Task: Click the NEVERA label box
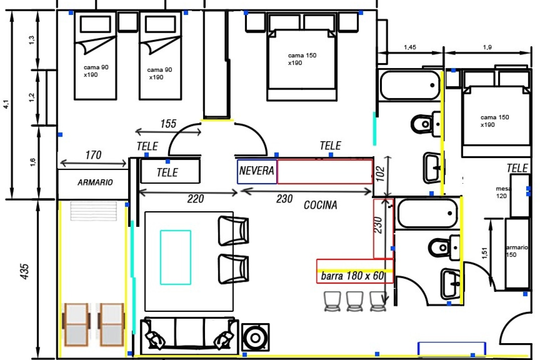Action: point(257,171)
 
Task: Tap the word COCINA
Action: point(320,205)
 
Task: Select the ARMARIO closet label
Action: point(95,183)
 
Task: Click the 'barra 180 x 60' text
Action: point(352,276)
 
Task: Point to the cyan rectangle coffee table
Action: point(175,257)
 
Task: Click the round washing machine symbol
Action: point(255,338)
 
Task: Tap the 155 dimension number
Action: point(168,124)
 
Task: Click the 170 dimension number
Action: point(93,155)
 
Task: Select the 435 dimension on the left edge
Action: point(25,271)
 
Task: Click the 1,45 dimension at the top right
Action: point(410,47)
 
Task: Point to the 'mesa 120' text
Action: point(503,192)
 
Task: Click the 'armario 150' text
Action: point(516,251)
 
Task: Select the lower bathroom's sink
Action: point(450,283)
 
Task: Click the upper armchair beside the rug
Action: point(233,231)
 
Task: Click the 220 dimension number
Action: point(195,199)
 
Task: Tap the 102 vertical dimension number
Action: point(380,174)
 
